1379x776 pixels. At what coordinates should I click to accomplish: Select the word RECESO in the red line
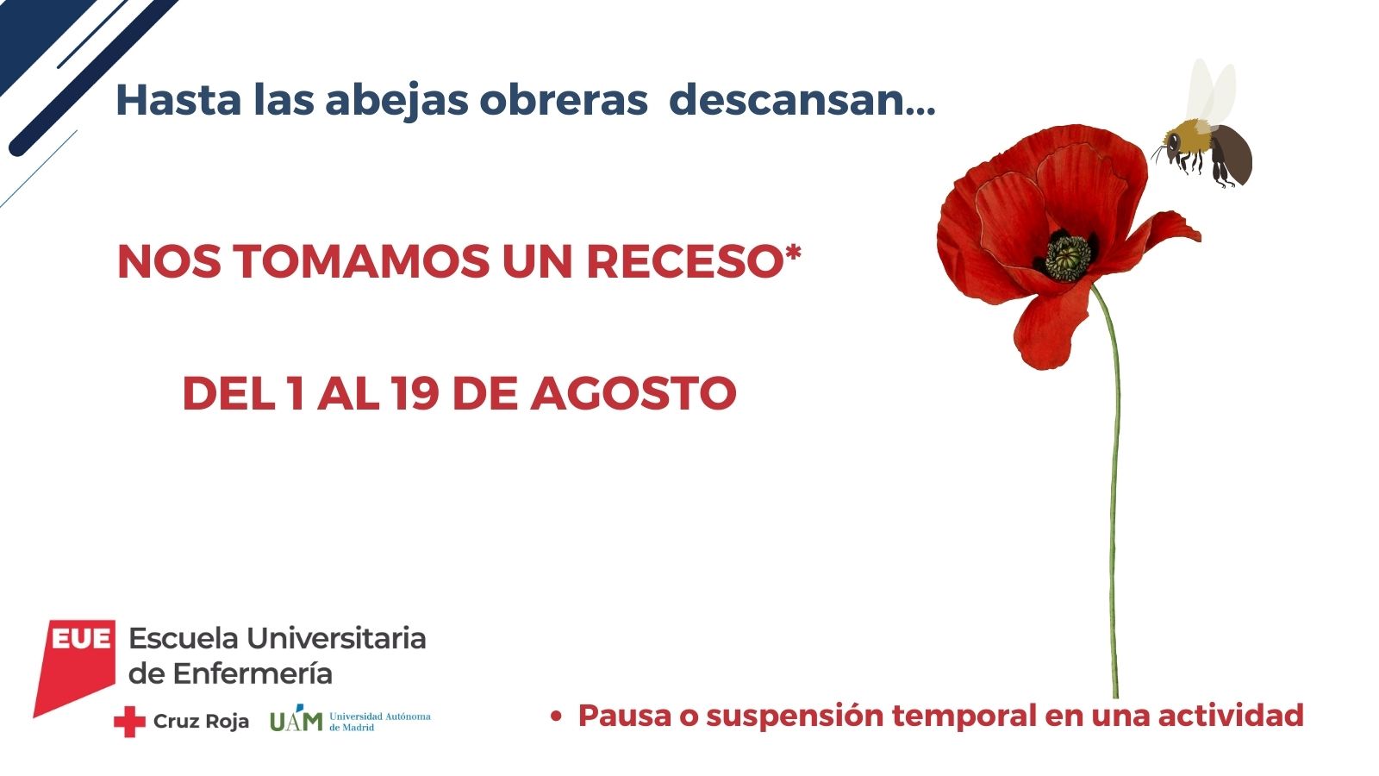684,262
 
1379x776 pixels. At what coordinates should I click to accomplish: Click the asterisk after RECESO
792,253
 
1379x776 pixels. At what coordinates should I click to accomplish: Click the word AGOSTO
633,393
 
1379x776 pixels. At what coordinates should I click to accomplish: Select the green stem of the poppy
1114,492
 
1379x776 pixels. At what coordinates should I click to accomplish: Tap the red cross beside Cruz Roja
129,722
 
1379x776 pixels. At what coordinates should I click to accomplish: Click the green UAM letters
296,719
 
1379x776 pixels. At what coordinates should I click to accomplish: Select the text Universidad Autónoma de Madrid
380,722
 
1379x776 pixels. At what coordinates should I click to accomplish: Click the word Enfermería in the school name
253,674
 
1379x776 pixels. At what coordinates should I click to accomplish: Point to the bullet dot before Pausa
556,717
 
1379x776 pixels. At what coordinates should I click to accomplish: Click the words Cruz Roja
202,721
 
